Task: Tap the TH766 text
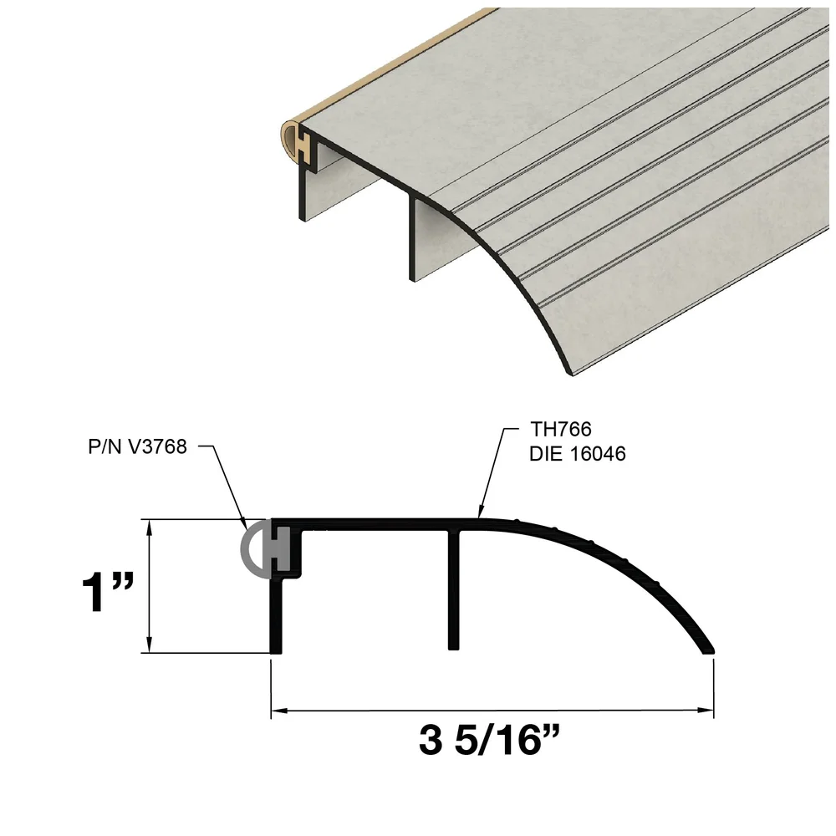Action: [561, 431]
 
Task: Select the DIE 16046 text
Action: [578, 455]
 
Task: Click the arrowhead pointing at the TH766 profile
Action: [479, 512]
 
